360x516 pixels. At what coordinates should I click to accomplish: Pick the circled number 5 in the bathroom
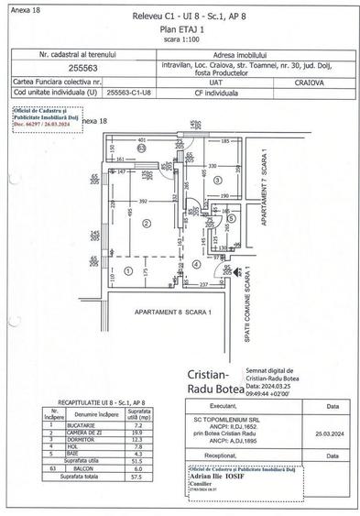tap(232, 219)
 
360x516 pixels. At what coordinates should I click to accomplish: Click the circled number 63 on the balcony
tap(141, 147)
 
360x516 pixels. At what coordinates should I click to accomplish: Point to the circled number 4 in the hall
tap(196, 264)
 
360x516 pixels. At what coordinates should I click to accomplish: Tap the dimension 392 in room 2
tap(142, 201)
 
